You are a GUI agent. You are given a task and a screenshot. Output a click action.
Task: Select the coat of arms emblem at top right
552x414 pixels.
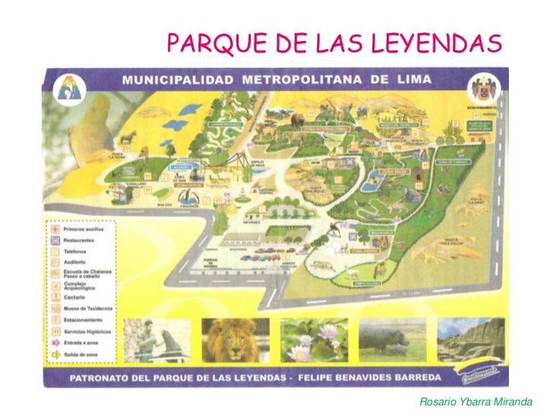click(480, 89)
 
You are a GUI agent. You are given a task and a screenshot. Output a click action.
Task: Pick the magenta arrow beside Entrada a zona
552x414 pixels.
click(55, 342)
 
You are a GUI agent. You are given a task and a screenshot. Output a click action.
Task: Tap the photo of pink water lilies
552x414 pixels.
click(308, 341)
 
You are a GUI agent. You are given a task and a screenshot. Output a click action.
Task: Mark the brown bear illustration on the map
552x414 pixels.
click(297, 121)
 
